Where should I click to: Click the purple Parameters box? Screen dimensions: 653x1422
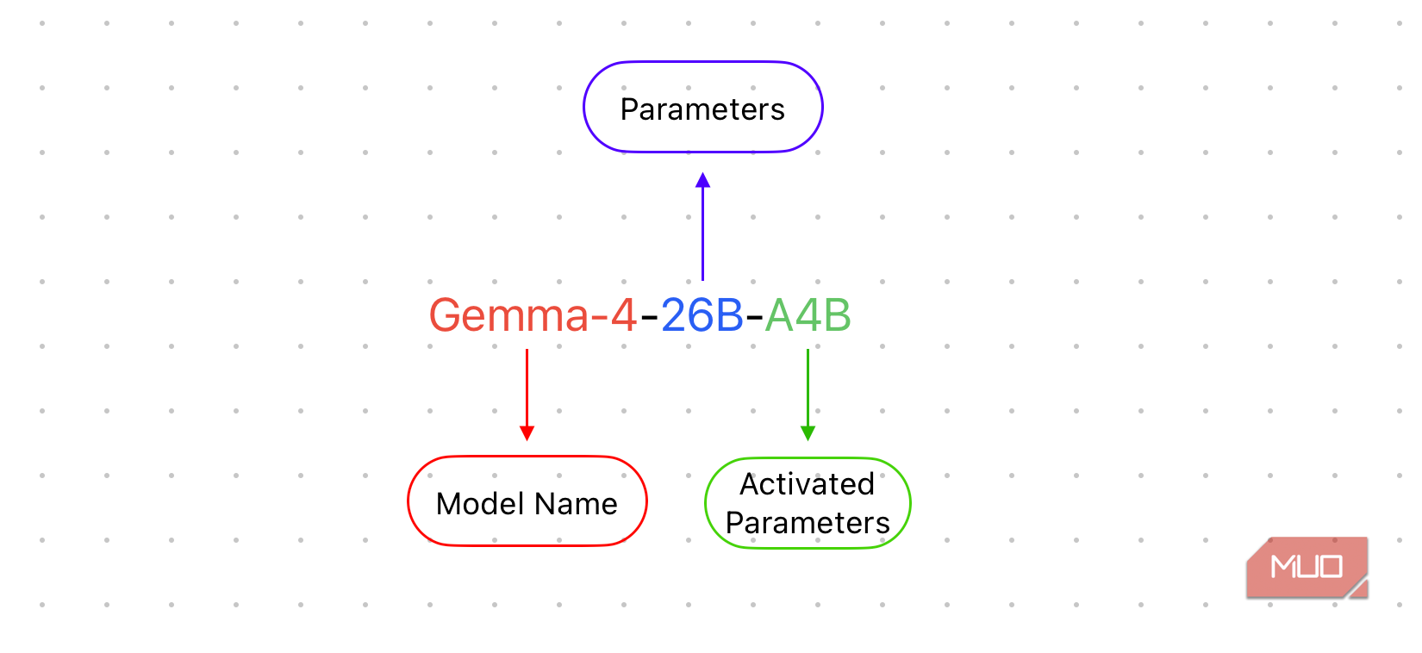click(702, 108)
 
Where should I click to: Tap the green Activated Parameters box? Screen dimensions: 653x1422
click(808, 503)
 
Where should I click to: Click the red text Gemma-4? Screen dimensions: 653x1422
click(533, 315)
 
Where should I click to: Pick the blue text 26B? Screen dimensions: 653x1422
click(702, 315)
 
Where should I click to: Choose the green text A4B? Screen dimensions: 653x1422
click(808, 315)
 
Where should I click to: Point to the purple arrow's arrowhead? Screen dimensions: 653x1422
click(702, 180)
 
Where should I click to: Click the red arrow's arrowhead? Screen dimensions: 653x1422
click(527, 432)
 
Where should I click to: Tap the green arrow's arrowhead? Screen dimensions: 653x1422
click(808, 432)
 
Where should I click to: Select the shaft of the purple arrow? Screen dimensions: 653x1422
click(702, 233)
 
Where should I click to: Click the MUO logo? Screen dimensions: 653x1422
click(1307, 567)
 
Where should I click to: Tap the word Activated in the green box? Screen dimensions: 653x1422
click(808, 484)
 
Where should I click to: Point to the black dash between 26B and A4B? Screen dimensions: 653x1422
click(754, 318)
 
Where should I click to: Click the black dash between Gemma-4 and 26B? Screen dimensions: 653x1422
click(649, 318)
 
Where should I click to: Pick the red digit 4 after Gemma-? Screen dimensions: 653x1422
click(623, 315)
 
